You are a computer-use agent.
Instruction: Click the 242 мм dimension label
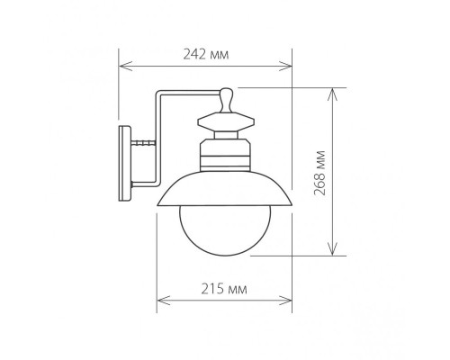tap(206, 54)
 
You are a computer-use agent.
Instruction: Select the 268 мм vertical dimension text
tap(319, 173)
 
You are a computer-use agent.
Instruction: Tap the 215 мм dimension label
tap(224, 289)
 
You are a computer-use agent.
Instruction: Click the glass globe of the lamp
tap(225, 230)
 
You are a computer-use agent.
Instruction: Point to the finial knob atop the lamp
tap(226, 100)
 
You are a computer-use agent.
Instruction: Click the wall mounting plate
tap(125, 163)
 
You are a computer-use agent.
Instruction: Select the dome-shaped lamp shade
tap(225, 189)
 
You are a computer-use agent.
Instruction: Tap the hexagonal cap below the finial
tap(226, 121)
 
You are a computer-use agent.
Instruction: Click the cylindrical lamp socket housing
tap(225, 155)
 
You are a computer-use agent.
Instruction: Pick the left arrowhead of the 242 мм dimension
tap(125, 66)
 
